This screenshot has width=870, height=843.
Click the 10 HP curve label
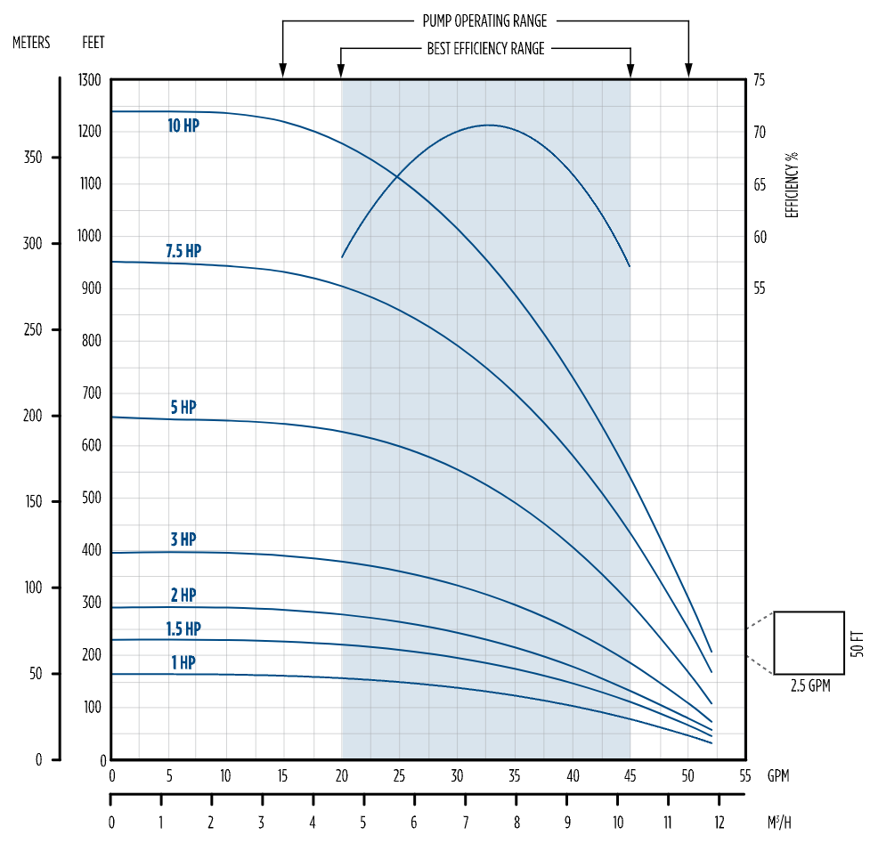click(x=183, y=126)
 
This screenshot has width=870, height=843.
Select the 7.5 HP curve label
click(x=183, y=252)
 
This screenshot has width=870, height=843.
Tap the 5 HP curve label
click(x=183, y=408)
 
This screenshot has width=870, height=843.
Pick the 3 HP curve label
click(x=183, y=539)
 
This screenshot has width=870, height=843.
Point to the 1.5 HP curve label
click(x=183, y=629)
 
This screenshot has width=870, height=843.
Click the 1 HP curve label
click(x=183, y=663)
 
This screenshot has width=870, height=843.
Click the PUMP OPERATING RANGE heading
click(x=484, y=20)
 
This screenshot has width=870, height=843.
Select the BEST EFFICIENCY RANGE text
click(x=485, y=49)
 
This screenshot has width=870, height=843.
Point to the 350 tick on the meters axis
click(x=32, y=158)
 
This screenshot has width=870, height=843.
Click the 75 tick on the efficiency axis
click(x=760, y=81)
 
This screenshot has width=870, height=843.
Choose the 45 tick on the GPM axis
click(x=630, y=775)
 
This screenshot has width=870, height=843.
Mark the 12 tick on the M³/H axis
click(x=719, y=822)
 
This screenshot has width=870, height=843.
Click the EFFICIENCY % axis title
click(x=792, y=185)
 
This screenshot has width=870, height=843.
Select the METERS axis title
click(x=31, y=43)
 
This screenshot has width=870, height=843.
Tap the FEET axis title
click(x=94, y=43)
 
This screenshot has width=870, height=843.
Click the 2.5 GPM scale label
click(x=809, y=686)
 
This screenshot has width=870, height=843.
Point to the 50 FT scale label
click(x=857, y=643)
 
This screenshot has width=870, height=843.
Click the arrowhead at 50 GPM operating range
click(x=688, y=70)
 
